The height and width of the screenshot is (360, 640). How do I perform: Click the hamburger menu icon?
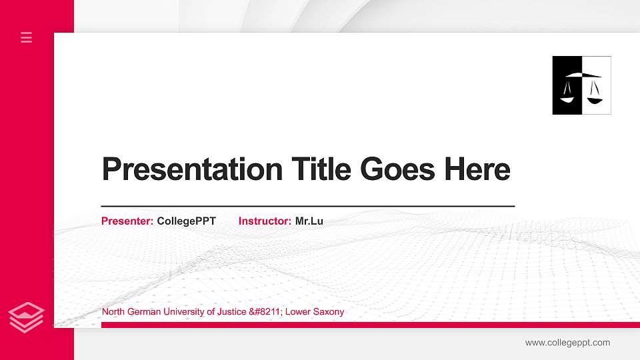(x=27, y=37)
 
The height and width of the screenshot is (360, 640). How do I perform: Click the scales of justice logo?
(x=581, y=85)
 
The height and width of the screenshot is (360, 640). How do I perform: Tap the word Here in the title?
(x=477, y=169)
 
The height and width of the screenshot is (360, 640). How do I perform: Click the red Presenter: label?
(x=127, y=221)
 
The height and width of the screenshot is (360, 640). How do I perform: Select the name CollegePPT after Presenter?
(x=186, y=221)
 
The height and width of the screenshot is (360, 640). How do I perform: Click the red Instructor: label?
(x=265, y=221)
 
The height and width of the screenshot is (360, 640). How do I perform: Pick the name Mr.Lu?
(x=309, y=221)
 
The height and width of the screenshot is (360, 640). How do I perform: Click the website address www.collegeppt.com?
(x=567, y=343)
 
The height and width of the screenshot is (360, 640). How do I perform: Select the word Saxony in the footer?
(x=329, y=312)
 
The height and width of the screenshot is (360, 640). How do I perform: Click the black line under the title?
(x=307, y=207)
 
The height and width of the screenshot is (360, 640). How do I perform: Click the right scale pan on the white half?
(x=595, y=97)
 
